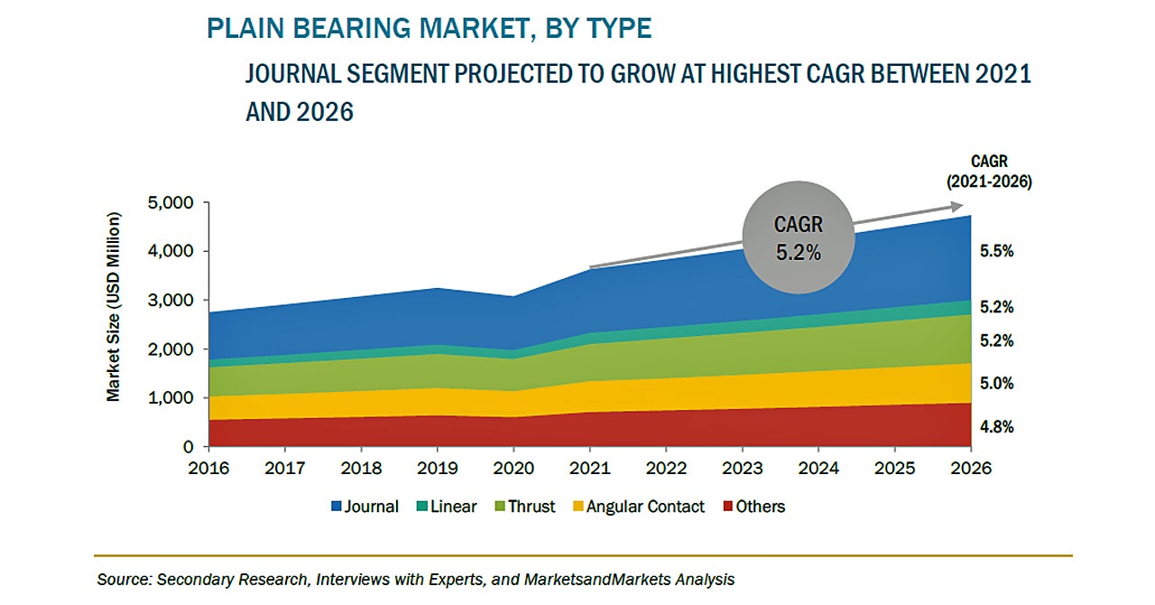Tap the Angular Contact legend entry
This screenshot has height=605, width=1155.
pos(636,507)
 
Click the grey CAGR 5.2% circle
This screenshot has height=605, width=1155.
pos(799,238)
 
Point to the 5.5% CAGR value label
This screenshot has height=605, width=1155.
pos(995,252)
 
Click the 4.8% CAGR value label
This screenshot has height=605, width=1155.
pos(995,426)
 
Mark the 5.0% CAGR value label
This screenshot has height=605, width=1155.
pos(995,384)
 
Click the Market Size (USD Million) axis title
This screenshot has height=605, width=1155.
pos(114,307)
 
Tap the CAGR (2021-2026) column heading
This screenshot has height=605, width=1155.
pos(989,172)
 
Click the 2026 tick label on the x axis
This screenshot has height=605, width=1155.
pos(971,468)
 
